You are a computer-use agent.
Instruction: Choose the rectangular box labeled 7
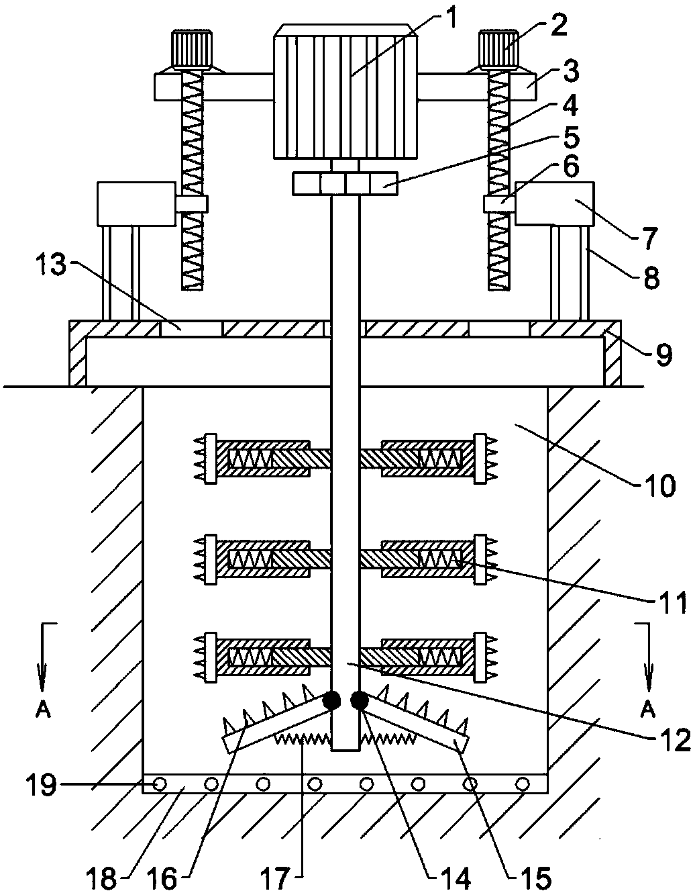(x=554, y=203)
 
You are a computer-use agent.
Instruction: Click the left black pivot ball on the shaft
(x=331, y=700)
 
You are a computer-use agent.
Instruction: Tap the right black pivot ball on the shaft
(x=360, y=700)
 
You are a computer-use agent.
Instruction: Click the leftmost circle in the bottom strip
(x=160, y=784)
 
